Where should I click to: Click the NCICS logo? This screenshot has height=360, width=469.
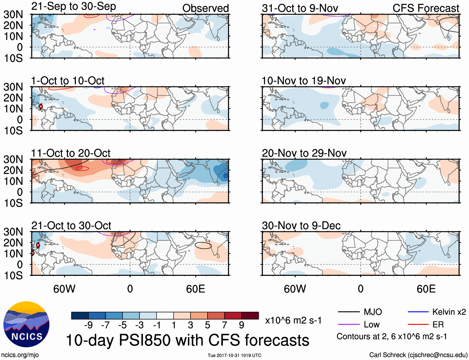(26, 324)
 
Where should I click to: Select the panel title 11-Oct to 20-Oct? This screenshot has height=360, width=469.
(71, 153)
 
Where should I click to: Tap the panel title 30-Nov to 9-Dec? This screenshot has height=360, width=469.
(301, 226)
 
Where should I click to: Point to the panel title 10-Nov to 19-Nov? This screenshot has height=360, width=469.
(303, 81)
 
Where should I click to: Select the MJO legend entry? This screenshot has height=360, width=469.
(360, 312)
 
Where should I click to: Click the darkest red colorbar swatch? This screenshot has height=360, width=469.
(250, 316)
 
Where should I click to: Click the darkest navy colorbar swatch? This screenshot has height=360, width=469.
(80, 316)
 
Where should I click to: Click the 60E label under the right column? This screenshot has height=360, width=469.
(426, 289)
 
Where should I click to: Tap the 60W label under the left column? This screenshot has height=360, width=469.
(64, 289)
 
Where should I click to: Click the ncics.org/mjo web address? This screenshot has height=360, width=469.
(20, 355)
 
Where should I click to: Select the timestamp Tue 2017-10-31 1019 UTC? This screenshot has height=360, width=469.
(234, 355)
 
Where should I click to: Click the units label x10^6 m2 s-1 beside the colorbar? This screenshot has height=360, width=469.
(293, 320)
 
